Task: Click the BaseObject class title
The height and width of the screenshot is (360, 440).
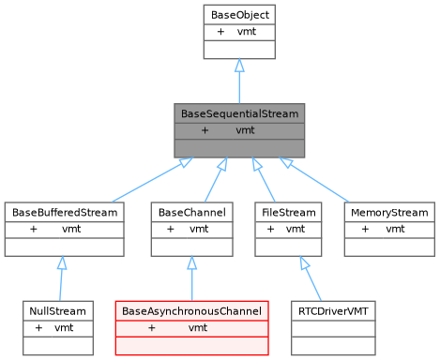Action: pos(239,14)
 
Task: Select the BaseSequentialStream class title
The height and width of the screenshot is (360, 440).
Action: pos(239,113)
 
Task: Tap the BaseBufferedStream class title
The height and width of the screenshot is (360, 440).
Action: pos(65,213)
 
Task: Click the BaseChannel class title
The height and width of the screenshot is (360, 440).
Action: pos(191,213)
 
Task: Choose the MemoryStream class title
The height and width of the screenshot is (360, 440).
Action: pos(389,213)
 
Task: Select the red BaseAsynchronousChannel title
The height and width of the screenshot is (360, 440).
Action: pos(191,310)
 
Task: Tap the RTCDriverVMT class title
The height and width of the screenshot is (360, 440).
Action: pos(332,310)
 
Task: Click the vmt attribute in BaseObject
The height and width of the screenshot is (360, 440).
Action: pos(246,31)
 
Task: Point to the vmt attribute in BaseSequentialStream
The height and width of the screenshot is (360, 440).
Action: pos(246,130)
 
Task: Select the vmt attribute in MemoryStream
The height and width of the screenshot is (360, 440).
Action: pos(395,229)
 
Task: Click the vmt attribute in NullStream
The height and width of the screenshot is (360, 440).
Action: pos(64,327)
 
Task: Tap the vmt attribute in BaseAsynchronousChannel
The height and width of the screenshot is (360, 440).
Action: pos(198,327)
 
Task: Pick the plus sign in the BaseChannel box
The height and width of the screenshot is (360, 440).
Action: pos(171,229)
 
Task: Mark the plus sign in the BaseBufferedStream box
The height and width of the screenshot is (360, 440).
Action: pos(34,229)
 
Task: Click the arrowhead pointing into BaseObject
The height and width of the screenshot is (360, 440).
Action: pos(239,66)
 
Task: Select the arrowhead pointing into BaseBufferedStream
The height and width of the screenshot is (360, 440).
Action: pos(61,263)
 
